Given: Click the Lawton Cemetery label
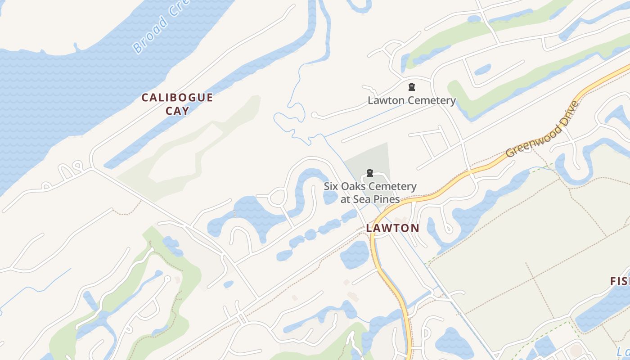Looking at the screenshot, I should point(412,100).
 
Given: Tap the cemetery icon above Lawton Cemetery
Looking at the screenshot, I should point(411,87).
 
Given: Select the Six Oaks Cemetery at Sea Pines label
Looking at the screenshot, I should point(370,193).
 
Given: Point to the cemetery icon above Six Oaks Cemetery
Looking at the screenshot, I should point(370,173).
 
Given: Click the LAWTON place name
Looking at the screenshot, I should point(392,228).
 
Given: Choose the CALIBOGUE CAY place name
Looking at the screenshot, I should point(177,104).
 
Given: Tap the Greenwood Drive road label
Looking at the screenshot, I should point(542,130).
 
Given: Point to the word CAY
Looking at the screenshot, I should point(177,111).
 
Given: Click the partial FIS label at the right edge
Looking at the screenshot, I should point(620,282).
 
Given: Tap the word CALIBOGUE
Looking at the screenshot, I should point(177,98).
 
